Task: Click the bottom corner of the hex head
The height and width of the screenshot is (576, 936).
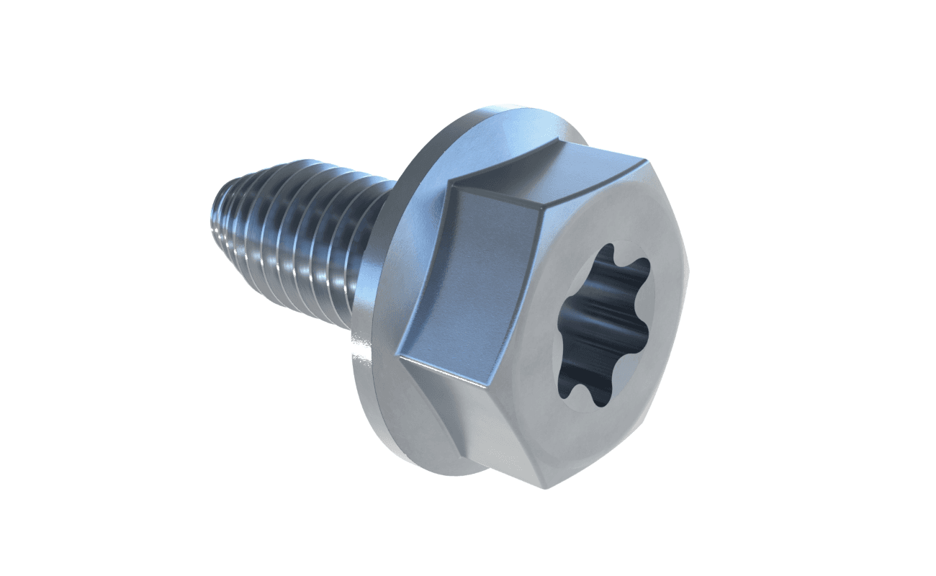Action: click(543, 487)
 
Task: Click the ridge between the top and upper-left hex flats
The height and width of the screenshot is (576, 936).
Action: click(497, 193)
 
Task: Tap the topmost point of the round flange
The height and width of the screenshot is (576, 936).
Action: click(518, 109)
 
